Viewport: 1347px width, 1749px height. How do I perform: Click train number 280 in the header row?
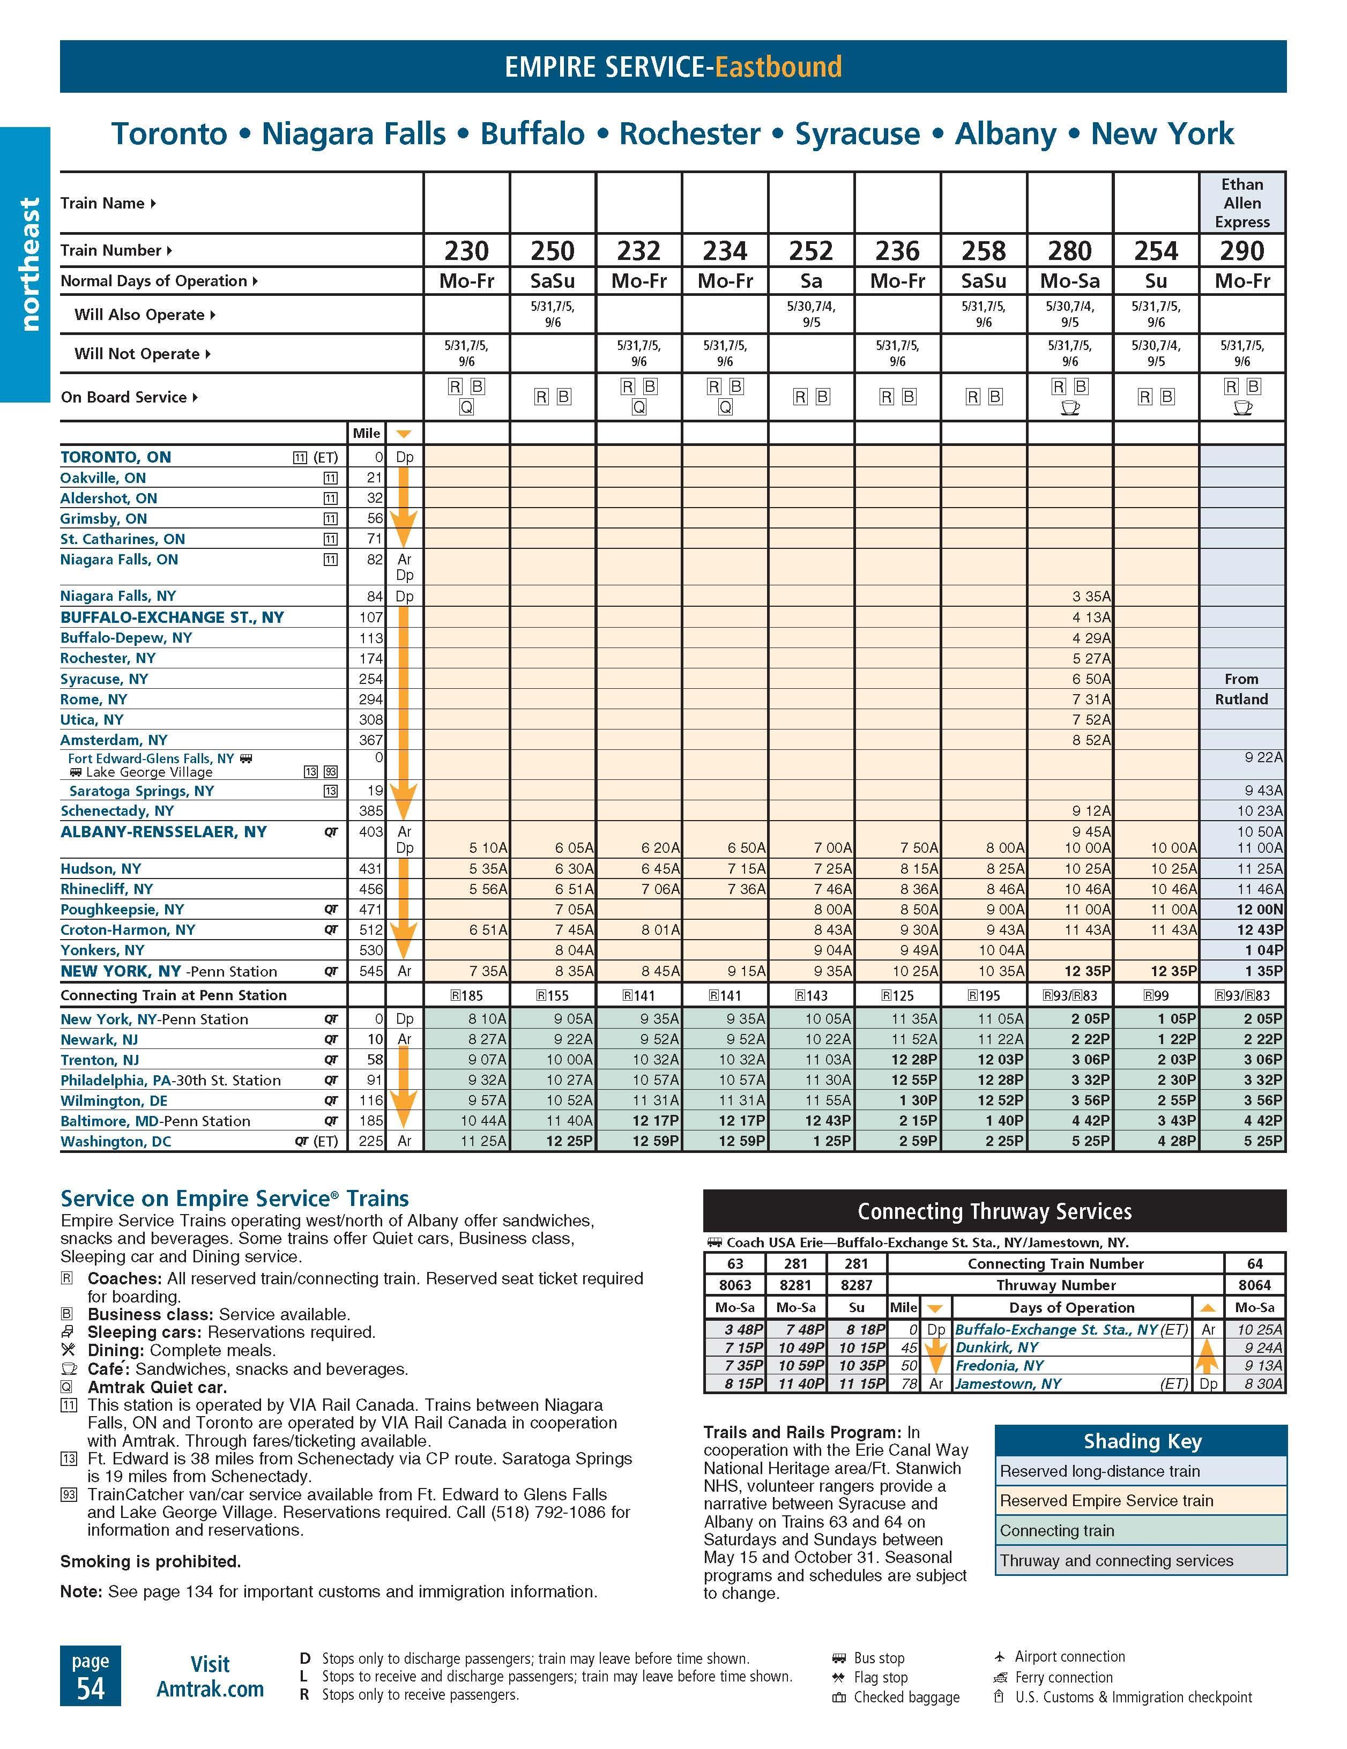pos(1069,251)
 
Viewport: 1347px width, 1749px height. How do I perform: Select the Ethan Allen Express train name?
pos(1241,203)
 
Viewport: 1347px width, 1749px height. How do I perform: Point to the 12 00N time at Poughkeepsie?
pos(1259,910)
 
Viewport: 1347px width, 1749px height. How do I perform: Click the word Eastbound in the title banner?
pos(778,66)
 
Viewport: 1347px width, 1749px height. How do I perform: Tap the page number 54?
pos(91,1688)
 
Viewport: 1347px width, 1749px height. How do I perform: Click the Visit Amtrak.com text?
pos(210,1676)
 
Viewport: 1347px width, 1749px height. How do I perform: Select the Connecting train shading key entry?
pos(1056,1530)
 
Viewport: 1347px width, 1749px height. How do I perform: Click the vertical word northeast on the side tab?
pos(29,264)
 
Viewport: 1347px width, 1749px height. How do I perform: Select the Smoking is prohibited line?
pos(151,1561)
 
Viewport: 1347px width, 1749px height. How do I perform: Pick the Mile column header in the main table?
pos(366,433)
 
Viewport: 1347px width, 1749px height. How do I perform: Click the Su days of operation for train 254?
pos(1156,281)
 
